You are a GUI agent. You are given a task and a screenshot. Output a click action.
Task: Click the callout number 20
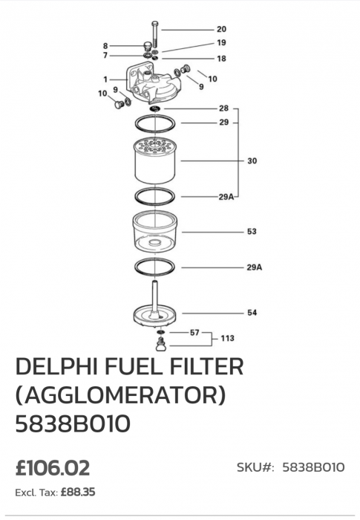coord(221,29)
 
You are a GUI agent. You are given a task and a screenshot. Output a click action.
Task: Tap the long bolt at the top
coord(155,35)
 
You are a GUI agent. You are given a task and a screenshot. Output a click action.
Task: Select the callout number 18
coord(221,59)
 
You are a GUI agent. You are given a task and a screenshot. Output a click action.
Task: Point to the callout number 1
coord(105,79)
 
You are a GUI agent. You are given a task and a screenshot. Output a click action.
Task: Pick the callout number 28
coord(223,108)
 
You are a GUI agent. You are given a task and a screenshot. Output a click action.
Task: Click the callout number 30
coord(252,161)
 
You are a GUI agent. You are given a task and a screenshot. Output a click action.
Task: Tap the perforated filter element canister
coord(155,161)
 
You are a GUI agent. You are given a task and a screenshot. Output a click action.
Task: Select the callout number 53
coord(252,232)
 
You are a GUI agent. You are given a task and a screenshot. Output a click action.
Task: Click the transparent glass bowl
coord(155,231)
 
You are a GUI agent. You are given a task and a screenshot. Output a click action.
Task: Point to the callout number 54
coord(252,313)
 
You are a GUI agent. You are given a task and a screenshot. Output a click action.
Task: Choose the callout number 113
coord(227,338)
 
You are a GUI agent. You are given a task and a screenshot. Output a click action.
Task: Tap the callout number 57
coord(194,332)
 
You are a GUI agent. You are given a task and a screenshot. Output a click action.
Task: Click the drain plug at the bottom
coord(161,344)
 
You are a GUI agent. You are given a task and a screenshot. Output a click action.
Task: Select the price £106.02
coord(53,468)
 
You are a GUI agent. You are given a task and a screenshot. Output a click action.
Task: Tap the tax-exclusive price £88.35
coord(78,492)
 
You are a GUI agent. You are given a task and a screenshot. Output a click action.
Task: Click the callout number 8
coord(105,46)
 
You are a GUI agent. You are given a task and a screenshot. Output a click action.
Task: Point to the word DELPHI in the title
coord(56,366)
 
